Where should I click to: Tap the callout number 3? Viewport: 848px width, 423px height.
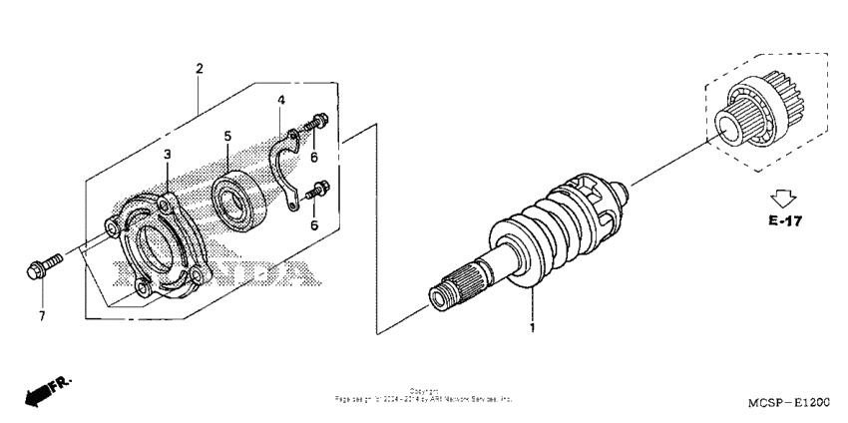[168, 154]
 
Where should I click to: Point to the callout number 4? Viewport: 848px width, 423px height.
[281, 101]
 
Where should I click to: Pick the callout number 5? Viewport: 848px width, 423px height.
[227, 135]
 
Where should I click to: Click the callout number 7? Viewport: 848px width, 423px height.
[42, 316]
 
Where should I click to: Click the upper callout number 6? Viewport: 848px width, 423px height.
[314, 158]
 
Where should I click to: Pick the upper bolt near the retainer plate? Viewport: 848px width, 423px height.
[318, 123]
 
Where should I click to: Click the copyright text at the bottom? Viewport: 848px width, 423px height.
[423, 396]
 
